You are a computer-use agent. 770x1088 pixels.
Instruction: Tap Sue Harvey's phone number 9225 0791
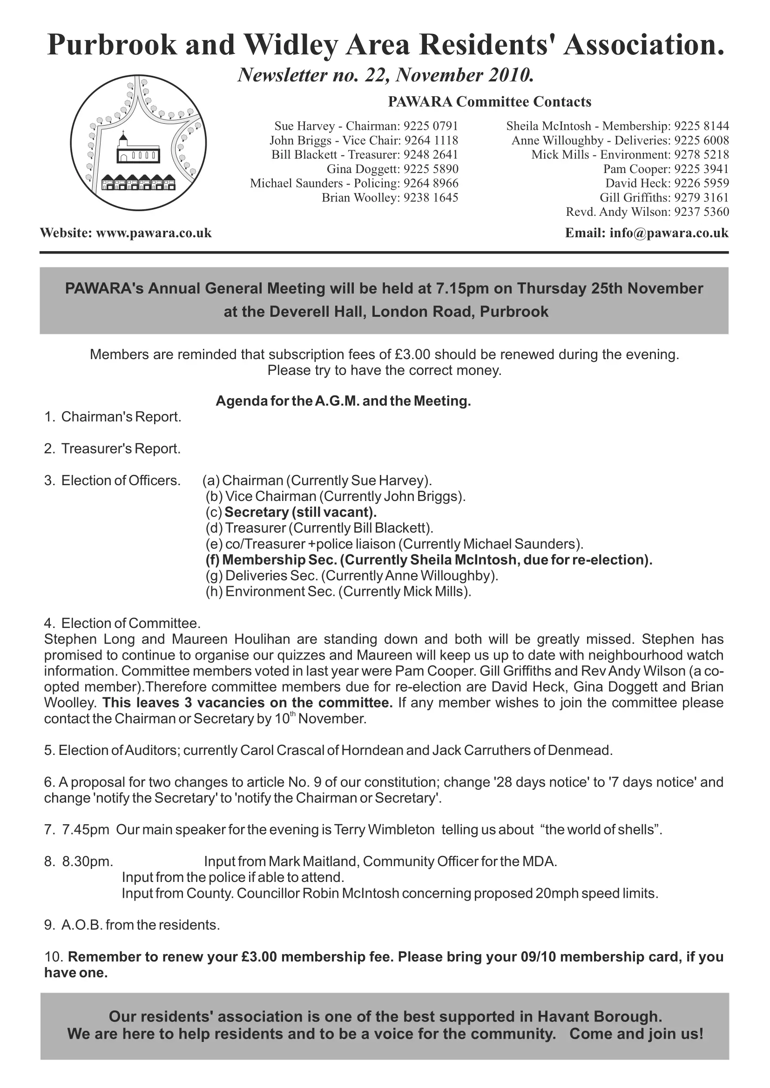pos(431,126)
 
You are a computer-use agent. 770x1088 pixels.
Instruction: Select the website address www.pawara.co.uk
pos(154,233)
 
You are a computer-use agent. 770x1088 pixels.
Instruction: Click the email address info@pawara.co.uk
pos(669,233)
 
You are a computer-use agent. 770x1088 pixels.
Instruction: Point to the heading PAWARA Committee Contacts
pos(489,102)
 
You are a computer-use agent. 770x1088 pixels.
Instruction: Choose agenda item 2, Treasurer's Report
pos(121,449)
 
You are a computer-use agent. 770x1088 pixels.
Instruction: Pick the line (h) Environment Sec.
pos(338,592)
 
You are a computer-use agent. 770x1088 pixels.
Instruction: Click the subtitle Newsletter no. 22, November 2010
pos(385,75)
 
